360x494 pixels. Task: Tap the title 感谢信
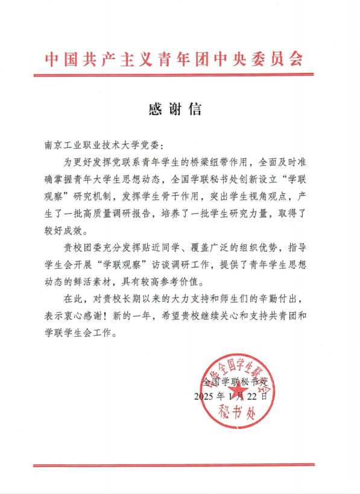click(174, 110)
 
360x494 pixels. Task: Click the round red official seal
click(236, 392)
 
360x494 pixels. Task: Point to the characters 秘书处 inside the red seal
click(236, 415)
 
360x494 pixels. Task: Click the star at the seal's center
click(236, 390)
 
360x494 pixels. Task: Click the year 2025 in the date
click(205, 396)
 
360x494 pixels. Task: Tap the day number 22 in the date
click(255, 396)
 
